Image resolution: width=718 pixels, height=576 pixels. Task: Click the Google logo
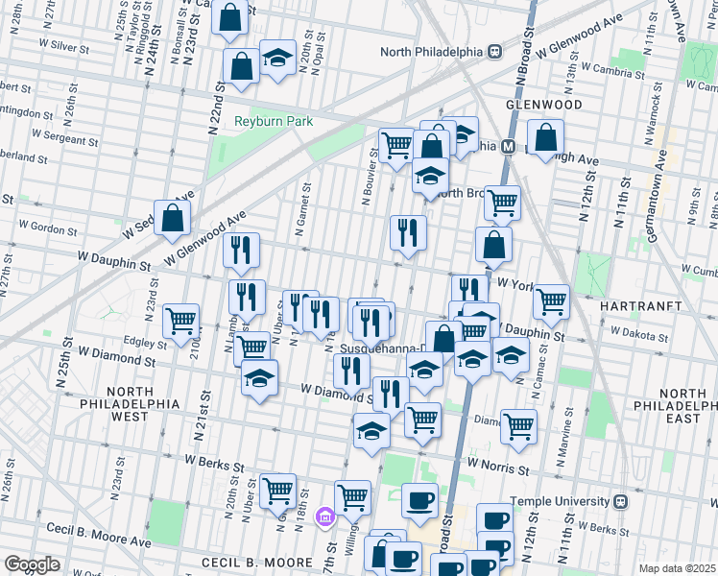(x=32, y=564)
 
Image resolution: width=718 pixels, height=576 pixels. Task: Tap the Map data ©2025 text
(x=677, y=568)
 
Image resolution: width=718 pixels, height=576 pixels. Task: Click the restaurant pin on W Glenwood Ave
(x=241, y=250)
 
